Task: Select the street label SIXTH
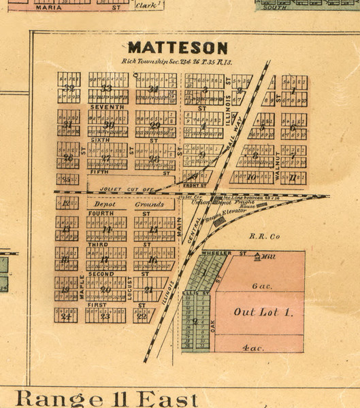(101, 139)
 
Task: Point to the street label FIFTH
(100, 173)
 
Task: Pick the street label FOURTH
(100, 214)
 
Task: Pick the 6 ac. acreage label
(261, 286)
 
